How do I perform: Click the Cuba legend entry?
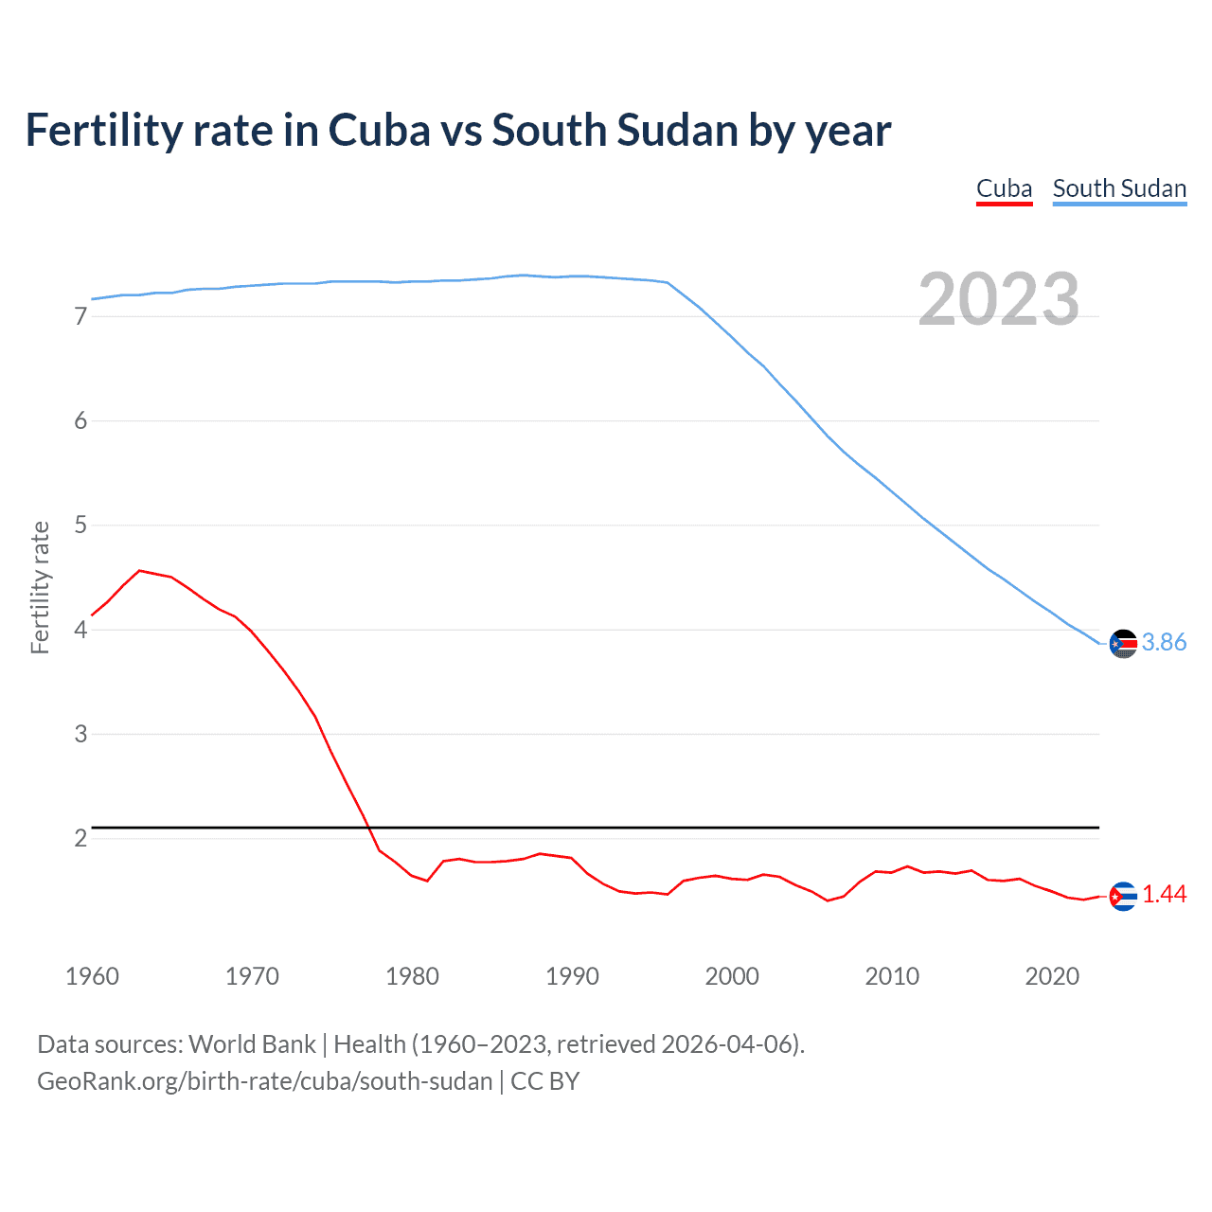1004,188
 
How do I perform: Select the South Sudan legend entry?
1119,188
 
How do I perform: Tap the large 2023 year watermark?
998,299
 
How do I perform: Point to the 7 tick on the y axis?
80,316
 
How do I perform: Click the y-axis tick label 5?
80,525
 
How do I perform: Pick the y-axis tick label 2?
80,838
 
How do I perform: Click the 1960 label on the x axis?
92,976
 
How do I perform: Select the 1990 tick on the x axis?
572,976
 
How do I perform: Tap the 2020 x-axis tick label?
1052,976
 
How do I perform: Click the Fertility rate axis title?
40,587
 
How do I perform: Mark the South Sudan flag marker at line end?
1123,643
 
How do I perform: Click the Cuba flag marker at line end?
1123,896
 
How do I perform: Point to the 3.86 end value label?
1164,643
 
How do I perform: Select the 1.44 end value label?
1164,895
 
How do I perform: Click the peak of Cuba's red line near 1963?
139,571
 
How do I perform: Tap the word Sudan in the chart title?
677,131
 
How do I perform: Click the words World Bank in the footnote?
252,1044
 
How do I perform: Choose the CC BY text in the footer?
544,1081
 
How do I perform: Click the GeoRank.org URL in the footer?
265,1081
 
